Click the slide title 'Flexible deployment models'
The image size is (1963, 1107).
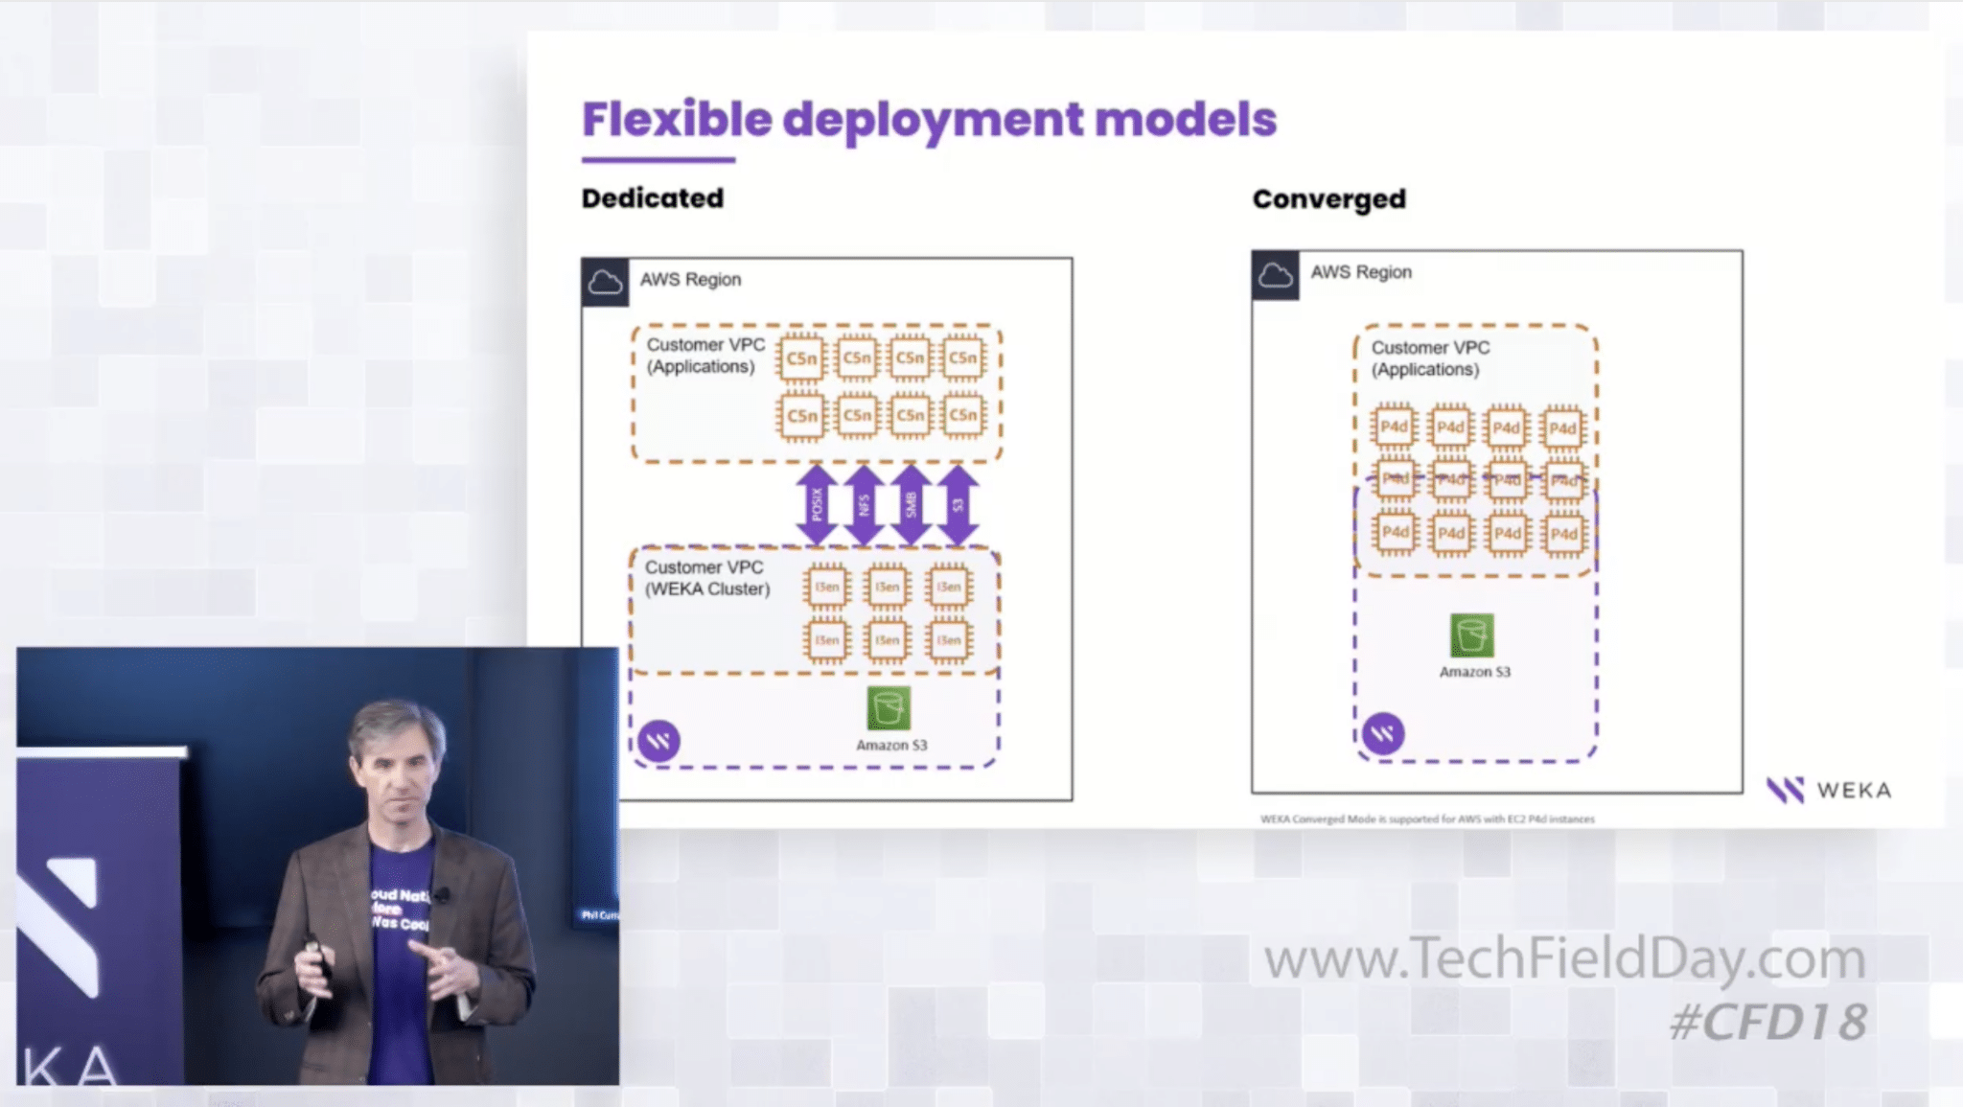pyautogui.click(x=929, y=120)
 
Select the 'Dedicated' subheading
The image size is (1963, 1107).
pyautogui.click(x=653, y=198)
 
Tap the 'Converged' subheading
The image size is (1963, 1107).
pyautogui.click(x=1328, y=199)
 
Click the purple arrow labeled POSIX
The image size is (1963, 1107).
pyautogui.click(x=817, y=505)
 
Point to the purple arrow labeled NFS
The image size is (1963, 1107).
pyautogui.click(x=864, y=505)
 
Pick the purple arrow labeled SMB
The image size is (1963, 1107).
pyautogui.click(x=911, y=505)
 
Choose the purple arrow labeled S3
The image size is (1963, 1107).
pyautogui.click(x=958, y=505)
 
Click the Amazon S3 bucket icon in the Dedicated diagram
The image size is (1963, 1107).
pyautogui.click(x=889, y=708)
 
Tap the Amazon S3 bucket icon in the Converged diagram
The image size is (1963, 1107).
pyautogui.click(x=1471, y=635)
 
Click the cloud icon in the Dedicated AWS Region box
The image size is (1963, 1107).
pyautogui.click(x=605, y=283)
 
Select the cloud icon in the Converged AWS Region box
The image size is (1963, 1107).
pyautogui.click(x=1275, y=276)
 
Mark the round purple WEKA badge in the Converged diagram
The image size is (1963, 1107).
pyautogui.click(x=1383, y=734)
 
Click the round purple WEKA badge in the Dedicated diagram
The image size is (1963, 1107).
pyautogui.click(x=659, y=741)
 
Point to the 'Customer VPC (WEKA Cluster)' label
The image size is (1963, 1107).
pyautogui.click(x=706, y=578)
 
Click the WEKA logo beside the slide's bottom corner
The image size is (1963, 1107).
pyautogui.click(x=1829, y=791)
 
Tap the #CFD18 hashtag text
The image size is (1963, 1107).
pyautogui.click(x=1768, y=1022)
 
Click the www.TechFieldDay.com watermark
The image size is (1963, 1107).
pyautogui.click(x=1564, y=958)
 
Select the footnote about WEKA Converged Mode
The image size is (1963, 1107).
pyautogui.click(x=1427, y=819)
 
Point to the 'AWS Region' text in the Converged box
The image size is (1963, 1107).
pyautogui.click(x=1361, y=272)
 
